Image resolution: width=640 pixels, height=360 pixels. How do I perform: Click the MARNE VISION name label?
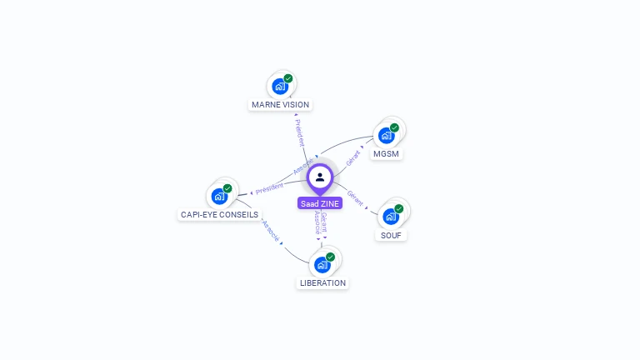point(280,105)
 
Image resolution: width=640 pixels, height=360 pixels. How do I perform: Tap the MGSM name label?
point(386,154)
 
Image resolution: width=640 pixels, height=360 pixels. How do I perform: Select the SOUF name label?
point(391,235)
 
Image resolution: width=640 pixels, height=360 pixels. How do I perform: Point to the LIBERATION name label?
point(322,282)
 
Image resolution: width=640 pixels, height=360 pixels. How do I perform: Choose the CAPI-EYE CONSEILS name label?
point(220,214)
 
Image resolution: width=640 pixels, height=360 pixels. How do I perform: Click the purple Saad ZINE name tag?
point(320,203)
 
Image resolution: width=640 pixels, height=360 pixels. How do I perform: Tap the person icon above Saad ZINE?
point(320,177)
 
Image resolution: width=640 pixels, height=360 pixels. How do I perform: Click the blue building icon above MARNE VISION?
point(280,86)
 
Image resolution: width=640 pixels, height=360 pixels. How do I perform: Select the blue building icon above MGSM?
point(386,135)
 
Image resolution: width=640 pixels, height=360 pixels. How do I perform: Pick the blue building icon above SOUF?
point(391,216)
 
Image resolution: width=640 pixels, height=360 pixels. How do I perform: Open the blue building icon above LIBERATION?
point(322,264)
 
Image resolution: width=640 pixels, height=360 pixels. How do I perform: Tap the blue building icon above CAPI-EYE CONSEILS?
point(219,196)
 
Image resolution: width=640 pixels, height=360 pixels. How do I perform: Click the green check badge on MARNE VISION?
point(288,78)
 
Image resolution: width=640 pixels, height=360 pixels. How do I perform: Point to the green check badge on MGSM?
point(394,127)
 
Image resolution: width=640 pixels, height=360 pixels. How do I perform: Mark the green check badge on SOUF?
point(399,208)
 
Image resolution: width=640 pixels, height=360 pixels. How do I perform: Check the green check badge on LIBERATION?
point(330,257)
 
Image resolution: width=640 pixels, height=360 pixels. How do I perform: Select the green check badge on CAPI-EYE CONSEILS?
point(227,188)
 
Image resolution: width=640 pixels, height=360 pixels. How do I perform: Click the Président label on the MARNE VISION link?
point(300,132)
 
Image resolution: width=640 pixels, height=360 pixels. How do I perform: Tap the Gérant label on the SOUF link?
point(356,198)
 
